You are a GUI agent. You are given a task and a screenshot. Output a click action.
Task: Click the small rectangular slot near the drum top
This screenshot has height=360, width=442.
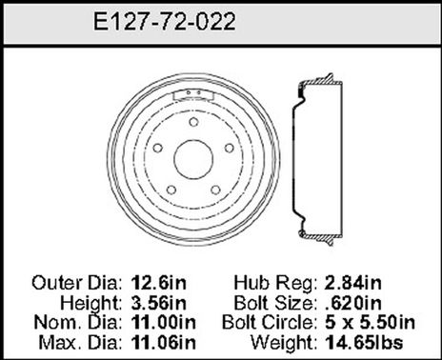click(x=198, y=93)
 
